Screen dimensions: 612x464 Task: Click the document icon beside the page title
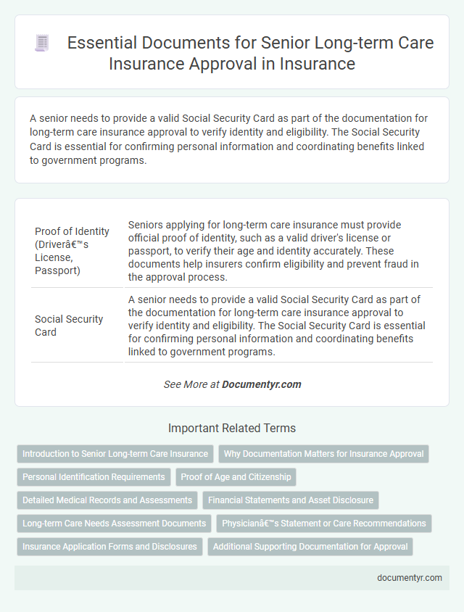pyautogui.click(x=42, y=44)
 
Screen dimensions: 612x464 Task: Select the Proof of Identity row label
pyautogui.click(x=72, y=251)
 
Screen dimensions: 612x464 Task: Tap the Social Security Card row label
pyautogui.click(x=69, y=326)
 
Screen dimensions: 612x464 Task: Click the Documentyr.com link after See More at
pyautogui.click(x=262, y=384)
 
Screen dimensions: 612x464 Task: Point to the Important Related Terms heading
pyautogui.click(x=232, y=428)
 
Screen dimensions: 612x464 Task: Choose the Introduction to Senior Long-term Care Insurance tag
pyautogui.click(x=115, y=454)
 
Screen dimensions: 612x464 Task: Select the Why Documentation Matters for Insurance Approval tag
pyautogui.click(x=323, y=454)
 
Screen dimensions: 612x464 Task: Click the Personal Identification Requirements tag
pyautogui.click(x=94, y=476)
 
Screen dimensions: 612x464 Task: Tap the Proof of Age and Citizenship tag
pyautogui.click(x=236, y=476)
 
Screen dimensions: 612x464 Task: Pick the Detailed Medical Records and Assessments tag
pyautogui.click(x=107, y=500)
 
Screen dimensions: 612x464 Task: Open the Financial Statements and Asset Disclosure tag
pyautogui.click(x=291, y=500)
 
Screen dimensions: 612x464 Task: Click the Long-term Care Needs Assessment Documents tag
pyautogui.click(x=114, y=523)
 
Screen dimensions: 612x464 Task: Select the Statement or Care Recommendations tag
pyautogui.click(x=323, y=523)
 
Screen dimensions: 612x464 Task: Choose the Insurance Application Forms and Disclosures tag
pyautogui.click(x=109, y=546)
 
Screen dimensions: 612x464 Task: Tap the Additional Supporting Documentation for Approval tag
pyautogui.click(x=310, y=546)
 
